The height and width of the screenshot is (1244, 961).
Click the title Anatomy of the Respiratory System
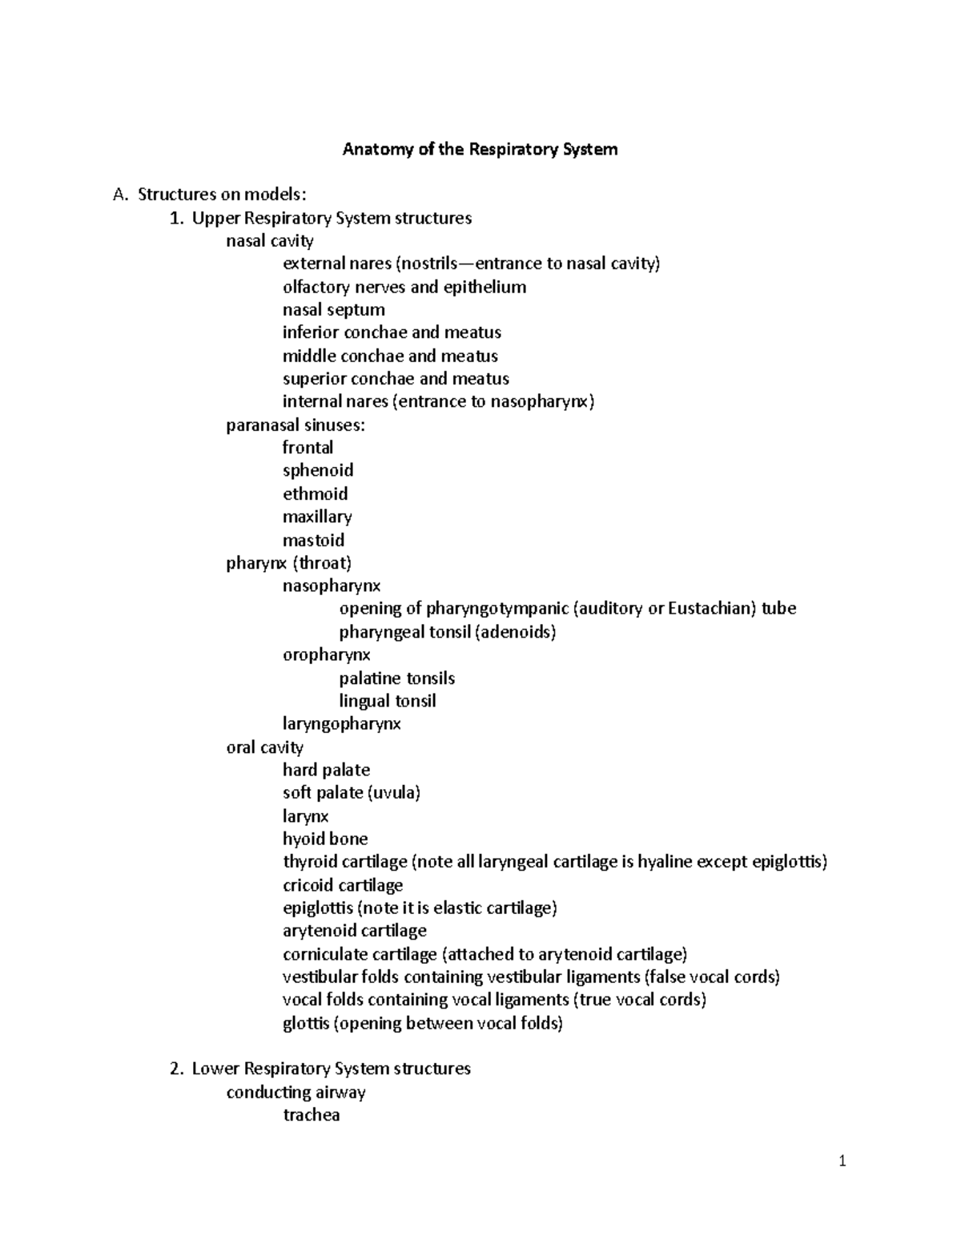(480, 149)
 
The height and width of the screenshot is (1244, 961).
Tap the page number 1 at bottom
(842, 1161)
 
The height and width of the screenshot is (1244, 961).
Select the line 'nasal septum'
(333, 310)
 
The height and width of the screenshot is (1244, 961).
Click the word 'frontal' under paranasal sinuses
(308, 448)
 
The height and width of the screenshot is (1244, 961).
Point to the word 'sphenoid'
(318, 470)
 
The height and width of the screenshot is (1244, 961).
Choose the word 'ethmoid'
(315, 493)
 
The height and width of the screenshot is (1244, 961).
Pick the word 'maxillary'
(317, 517)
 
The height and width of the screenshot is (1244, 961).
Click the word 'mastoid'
(313, 540)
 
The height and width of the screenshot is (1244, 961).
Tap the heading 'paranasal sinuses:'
(296, 425)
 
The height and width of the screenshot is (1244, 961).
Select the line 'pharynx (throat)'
(289, 563)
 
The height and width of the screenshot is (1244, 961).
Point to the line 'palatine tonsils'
(396, 678)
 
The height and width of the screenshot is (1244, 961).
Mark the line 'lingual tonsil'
(387, 701)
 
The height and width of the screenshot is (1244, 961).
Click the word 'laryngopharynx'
(341, 724)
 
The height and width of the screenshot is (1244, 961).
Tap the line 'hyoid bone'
(325, 839)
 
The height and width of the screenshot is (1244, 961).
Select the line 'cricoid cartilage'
(342, 885)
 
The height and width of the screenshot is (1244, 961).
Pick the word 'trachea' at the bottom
(311, 1115)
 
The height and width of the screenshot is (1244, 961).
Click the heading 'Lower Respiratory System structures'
(331, 1069)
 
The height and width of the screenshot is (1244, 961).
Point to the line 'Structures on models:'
(222, 195)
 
